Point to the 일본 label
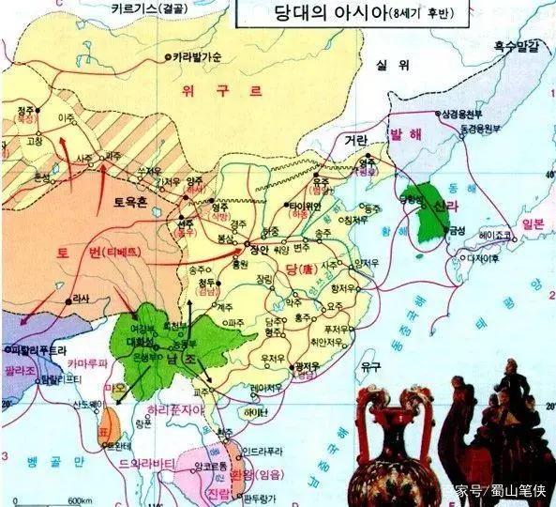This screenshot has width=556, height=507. pyautogui.click(x=533, y=223)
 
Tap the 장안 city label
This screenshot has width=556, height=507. pyautogui.click(x=260, y=250)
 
